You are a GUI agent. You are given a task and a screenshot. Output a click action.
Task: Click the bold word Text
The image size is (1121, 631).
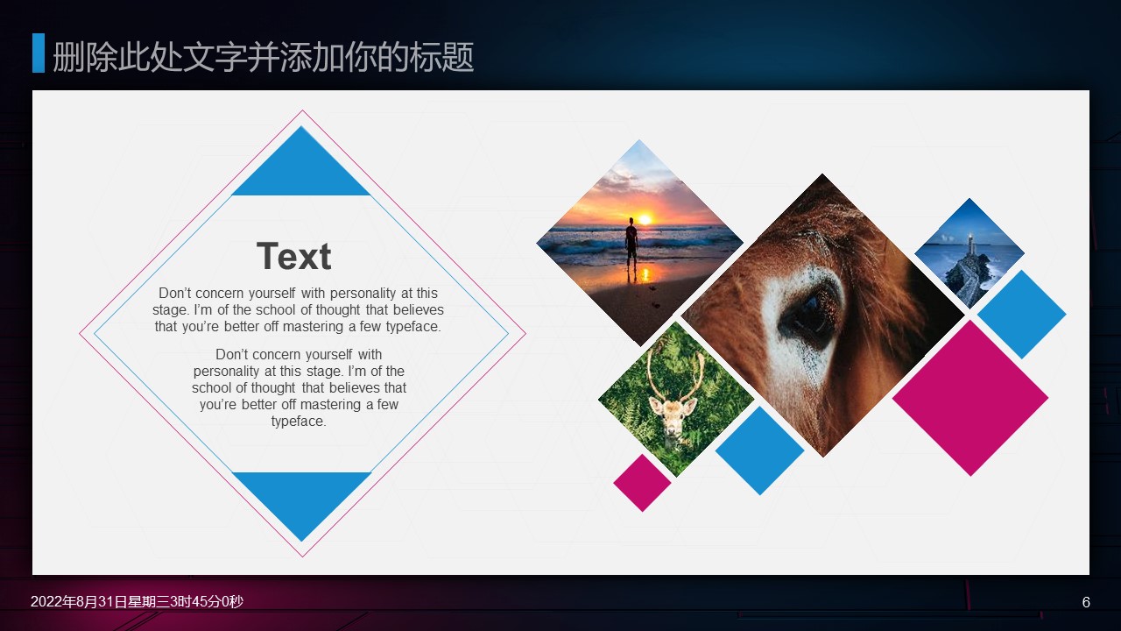pyautogui.click(x=293, y=256)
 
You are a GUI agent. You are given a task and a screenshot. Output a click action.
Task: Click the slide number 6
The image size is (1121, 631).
pyautogui.click(x=1086, y=602)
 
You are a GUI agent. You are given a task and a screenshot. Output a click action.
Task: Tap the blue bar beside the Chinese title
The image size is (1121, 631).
pyautogui.click(x=39, y=53)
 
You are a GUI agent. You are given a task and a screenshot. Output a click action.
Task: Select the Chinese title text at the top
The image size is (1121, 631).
pyautogui.click(x=264, y=57)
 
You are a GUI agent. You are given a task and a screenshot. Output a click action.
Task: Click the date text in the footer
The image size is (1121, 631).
pyautogui.click(x=137, y=601)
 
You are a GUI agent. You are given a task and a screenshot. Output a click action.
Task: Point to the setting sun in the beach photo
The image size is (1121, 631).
pyautogui.click(x=645, y=219)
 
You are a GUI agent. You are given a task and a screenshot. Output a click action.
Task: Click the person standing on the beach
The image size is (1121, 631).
pyautogui.click(x=631, y=243)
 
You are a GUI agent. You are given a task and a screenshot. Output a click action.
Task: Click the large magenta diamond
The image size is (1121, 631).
pyautogui.click(x=970, y=398)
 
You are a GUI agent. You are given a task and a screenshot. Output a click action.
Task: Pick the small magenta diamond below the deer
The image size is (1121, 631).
pyautogui.click(x=642, y=483)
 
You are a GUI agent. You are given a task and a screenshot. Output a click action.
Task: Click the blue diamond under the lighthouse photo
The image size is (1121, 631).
pyautogui.click(x=1022, y=315)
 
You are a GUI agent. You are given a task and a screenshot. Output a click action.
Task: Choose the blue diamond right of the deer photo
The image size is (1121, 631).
pyautogui.click(x=759, y=450)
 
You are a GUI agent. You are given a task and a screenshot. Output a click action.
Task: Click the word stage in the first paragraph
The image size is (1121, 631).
pyautogui.click(x=169, y=310)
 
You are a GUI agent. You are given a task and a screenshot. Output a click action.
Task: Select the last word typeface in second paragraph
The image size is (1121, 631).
pyautogui.click(x=299, y=422)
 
